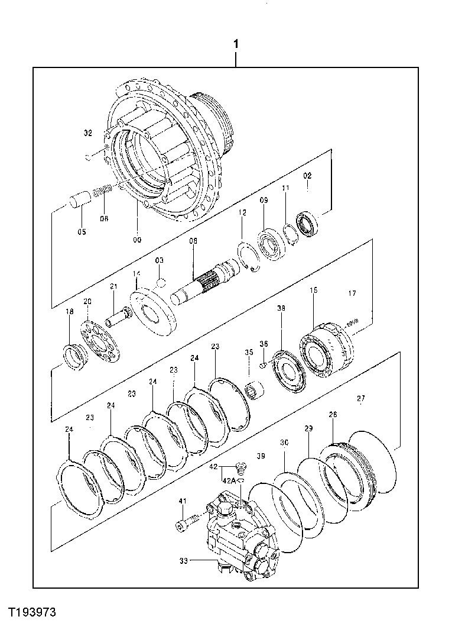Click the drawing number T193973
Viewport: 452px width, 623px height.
point(32,609)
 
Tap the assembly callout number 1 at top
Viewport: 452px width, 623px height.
point(236,44)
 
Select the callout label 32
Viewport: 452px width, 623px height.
point(88,134)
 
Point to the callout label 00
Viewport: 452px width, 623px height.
point(137,240)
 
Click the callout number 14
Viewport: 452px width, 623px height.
point(136,273)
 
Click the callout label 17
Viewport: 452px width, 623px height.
point(352,293)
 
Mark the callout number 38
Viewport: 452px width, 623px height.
point(281,308)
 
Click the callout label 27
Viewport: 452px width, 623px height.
point(360,399)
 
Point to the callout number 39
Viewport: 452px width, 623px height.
point(261,456)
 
